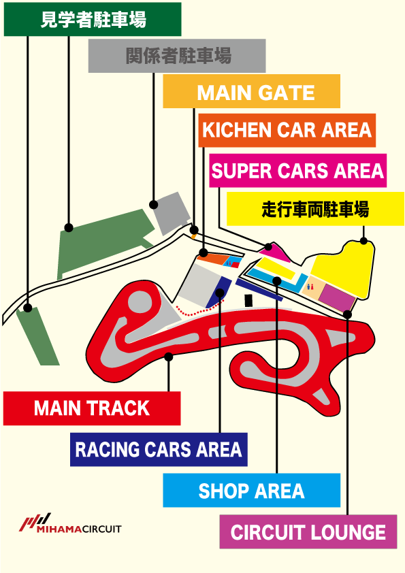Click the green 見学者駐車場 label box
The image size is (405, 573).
(x=93, y=19)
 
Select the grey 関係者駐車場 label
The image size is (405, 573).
(x=177, y=56)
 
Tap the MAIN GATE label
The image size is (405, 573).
(x=251, y=91)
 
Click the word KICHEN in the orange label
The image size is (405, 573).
(x=236, y=130)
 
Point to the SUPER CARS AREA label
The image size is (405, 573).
(x=298, y=171)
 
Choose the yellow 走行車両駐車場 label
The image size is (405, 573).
(x=315, y=210)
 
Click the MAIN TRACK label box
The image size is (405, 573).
(x=92, y=408)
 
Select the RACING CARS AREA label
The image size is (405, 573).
(x=159, y=449)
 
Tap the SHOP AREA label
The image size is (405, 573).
(x=251, y=491)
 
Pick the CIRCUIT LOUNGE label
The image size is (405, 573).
(x=308, y=531)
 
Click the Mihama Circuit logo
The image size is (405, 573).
(x=70, y=523)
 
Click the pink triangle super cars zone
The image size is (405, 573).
(x=275, y=254)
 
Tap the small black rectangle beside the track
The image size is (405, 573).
(x=248, y=300)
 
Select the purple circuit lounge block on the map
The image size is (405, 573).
(x=337, y=297)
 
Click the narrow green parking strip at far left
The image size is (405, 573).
(x=37, y=335)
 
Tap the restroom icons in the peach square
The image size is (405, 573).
(x=310, y=287)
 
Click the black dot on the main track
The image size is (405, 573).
(x=169, y=357)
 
